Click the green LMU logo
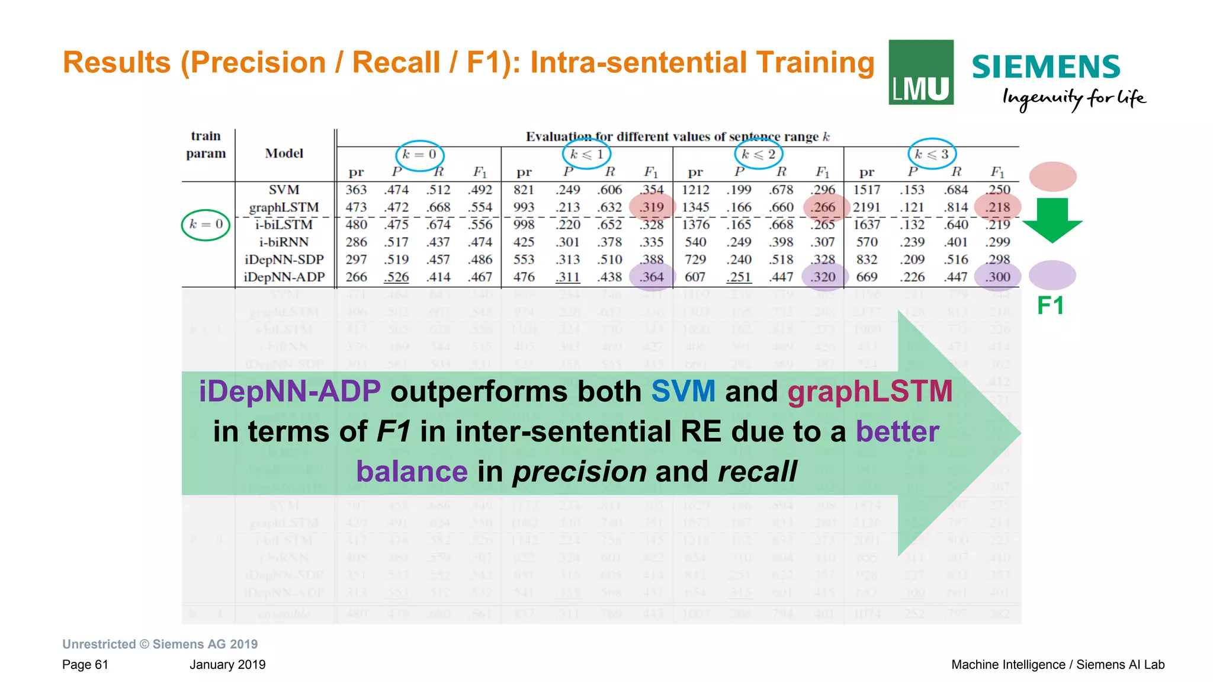coord(920,72)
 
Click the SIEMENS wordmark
coord(1045,67)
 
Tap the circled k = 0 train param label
coord(206,225)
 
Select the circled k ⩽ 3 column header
coord(932,154)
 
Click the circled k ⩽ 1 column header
coord(586,154)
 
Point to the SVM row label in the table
coord(284,190)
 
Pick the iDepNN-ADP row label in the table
coord(284,277)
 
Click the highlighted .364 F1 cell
coord(652,277)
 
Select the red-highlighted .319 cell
coord(652,207)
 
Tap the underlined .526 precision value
coord(396,277)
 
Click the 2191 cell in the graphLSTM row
coord(867,207)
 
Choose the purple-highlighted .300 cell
coord(998,277)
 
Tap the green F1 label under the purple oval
coord(1051,305)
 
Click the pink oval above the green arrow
coord(1052,176)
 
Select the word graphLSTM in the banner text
coord(869,392)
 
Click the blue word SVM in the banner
coord(683,392)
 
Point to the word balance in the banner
coord(412,472)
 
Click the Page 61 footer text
coord(85,664)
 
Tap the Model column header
coord(284,153)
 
